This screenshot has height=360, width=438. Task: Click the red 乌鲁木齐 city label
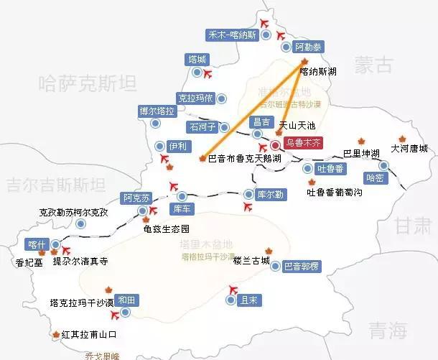coord(304,144)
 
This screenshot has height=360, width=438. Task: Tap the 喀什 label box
coord(37,244)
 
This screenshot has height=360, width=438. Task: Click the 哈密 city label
coord(375,177)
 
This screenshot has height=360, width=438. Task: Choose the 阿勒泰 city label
coord(309,47)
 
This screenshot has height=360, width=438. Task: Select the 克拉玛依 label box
coord(195,98)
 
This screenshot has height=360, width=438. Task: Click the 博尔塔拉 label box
coord(157,111)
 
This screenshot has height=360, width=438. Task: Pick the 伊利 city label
coord(177,146)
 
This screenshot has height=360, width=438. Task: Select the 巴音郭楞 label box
coord(301,266)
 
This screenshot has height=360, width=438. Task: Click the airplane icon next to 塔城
coord(209,73)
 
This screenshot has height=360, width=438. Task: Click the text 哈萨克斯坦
coord(88,85)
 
